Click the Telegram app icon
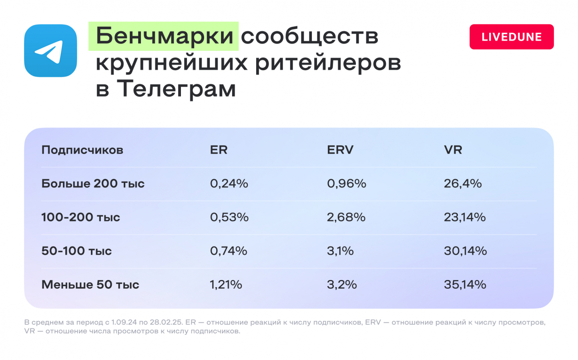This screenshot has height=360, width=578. (50, 50)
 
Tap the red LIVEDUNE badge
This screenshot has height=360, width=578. (512, 37)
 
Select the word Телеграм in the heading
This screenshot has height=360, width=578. (177, 88)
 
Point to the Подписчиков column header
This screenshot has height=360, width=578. (82, 150)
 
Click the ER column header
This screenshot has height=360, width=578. (219, 150)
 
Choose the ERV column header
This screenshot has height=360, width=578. (340, 150)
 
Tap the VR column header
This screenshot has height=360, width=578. (453, 150)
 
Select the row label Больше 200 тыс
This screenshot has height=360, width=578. (93, 184)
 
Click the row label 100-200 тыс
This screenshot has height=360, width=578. (81, 217)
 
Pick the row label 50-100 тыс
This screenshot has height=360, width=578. (76, 251)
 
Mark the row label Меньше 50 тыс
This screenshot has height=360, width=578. (90, 285)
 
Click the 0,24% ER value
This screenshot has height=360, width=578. (229, 184)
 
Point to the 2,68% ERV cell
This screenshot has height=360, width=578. (346, 217)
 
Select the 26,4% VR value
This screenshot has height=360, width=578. (463, 184)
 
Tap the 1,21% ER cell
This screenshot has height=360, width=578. (226, 285)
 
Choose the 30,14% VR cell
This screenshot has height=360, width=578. (465, 251)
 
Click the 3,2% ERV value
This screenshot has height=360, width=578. (342, 285)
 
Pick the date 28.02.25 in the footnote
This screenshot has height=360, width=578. (166, 322)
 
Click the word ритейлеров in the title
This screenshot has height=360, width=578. (328, 63)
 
